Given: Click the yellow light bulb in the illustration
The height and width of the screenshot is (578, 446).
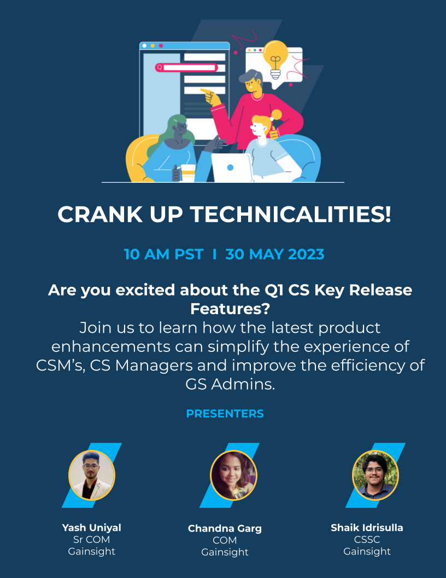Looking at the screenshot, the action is [275, 59].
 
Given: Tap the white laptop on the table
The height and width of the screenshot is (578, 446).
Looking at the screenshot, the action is [232, 167].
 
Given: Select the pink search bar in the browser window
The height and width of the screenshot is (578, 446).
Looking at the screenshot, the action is [186, 67].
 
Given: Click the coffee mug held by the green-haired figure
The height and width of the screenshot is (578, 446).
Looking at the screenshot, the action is [187, 173].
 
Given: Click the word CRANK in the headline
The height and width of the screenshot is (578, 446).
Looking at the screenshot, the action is [100, 214].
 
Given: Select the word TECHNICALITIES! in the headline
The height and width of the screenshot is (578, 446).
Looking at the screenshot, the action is [290, 214].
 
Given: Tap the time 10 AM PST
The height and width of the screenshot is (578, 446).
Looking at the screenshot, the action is [163, 255].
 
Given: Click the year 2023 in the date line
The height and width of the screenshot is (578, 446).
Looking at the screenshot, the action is [306, 255].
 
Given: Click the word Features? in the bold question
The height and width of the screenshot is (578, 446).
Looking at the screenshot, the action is [230, 309].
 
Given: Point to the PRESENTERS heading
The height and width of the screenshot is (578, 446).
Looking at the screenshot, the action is [225, 414].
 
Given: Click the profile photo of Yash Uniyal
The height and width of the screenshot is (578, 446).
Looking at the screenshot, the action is [92, 475].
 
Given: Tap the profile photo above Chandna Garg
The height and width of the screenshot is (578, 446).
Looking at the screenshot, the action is [233, 475].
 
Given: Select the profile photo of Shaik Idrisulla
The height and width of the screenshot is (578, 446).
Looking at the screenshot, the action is [375, 475].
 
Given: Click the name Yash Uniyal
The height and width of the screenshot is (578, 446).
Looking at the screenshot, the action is [92, 528].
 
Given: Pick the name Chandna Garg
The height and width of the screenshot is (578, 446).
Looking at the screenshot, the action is [225, 528].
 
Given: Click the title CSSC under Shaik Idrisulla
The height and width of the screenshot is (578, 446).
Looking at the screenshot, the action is [367, 539].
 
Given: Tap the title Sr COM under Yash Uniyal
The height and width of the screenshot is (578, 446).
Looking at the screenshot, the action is [92, 539].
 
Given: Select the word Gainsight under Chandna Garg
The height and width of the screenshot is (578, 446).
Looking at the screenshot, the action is [225, 552].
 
